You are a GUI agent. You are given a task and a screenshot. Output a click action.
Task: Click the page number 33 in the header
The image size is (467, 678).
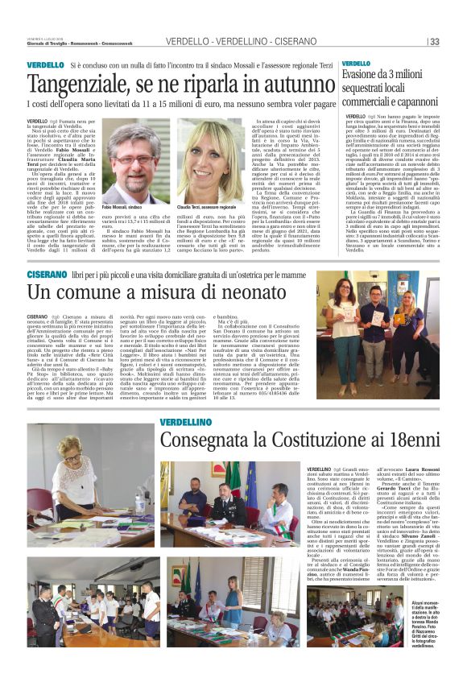(434, 42)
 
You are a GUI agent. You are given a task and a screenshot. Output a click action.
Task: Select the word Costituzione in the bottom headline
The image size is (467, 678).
(304, 440)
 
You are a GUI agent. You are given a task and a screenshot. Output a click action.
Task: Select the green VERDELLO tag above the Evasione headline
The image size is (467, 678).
(355, 63)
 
